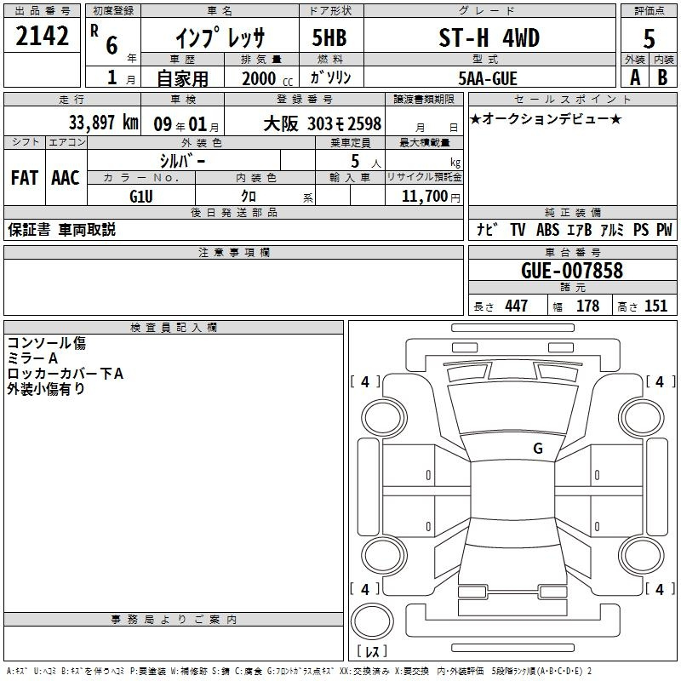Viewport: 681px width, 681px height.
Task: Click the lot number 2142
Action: click(x=42, y=36)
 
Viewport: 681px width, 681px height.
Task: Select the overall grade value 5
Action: click(x=649, y=38)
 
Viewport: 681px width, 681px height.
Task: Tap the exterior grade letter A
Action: click(x=635, y=77)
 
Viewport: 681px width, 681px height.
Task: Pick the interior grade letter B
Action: click(x=662, y=77)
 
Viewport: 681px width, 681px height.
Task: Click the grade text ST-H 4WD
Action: click(x=489, y=37)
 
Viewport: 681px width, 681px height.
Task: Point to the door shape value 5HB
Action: click(x=329, y=37)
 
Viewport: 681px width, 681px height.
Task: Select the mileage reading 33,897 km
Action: click(x=103, y=123)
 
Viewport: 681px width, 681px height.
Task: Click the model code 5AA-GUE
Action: click(x=488, y=78)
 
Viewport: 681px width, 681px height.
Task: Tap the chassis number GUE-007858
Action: click(x=572, y=271)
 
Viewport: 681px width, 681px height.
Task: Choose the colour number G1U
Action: click(x=141, y=197)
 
